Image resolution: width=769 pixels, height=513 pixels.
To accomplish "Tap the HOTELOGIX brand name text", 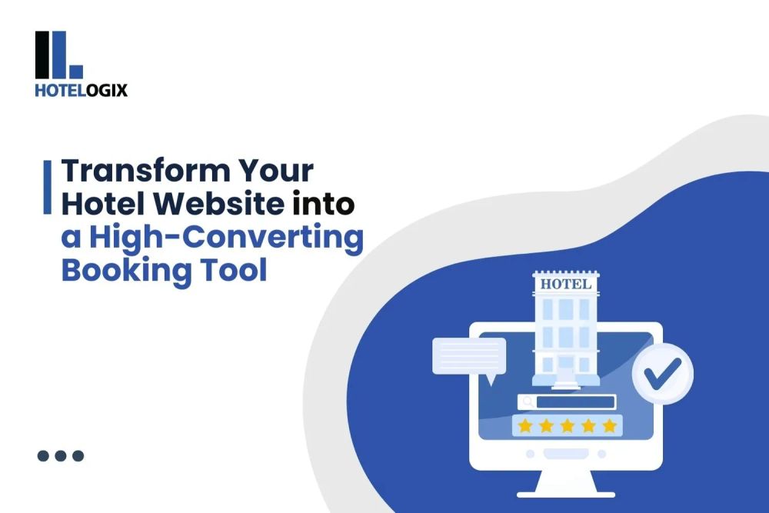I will pos(81,90).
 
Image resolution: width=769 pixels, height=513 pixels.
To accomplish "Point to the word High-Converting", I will pos(225,238).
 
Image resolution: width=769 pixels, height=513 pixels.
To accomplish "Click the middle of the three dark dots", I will pos(61,455).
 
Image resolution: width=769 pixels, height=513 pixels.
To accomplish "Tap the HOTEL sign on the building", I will pos(566,284).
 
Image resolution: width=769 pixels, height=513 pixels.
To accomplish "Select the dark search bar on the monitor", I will pos(576,401).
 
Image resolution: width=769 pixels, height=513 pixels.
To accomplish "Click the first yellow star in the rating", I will pos(525,425).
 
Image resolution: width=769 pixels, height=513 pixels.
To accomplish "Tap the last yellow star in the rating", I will pos(609,425).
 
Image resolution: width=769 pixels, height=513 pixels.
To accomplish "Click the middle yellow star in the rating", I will pos(568,425).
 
